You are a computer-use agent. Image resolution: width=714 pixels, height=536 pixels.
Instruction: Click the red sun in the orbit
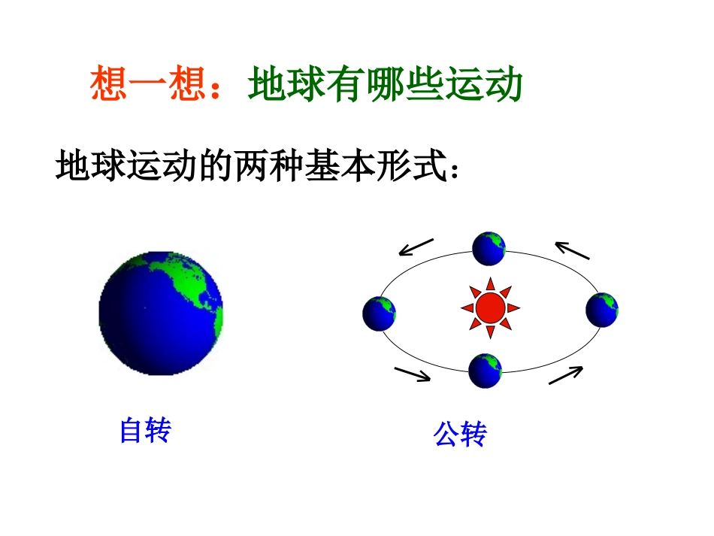[491, 307]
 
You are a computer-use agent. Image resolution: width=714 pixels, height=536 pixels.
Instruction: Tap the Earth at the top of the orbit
[489, 249]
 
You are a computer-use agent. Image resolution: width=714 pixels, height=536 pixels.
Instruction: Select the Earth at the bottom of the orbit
[485, 371]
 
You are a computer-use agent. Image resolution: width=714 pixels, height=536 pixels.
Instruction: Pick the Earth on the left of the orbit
[379, 313]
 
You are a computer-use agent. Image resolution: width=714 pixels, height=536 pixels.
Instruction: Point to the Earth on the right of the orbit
[602, 309]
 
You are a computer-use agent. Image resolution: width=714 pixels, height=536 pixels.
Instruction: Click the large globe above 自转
[161, 313]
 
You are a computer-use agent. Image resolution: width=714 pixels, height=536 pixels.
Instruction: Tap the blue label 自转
[145, 431]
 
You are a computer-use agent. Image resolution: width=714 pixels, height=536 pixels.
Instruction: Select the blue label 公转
[460, 434]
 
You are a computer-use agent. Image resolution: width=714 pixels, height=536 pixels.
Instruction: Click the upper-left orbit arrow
[416, 247]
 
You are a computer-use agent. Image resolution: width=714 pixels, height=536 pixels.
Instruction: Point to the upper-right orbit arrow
[572, 250]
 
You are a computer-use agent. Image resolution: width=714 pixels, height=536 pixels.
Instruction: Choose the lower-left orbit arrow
[413, 374]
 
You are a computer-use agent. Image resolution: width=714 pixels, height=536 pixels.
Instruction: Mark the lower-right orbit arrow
[566, 375]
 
